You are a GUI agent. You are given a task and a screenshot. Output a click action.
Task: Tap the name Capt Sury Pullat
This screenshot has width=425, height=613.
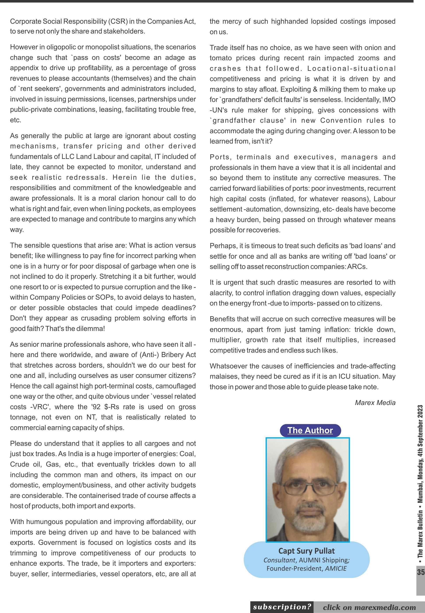click(x=307, y=551)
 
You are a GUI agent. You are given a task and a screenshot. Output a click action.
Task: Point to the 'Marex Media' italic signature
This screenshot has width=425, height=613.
click(x=375, y=403)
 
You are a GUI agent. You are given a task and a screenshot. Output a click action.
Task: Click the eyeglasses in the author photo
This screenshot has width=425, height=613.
click(x=307, y=489)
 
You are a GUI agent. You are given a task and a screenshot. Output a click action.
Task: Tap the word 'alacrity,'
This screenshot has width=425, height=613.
click(x=221, y=293)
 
